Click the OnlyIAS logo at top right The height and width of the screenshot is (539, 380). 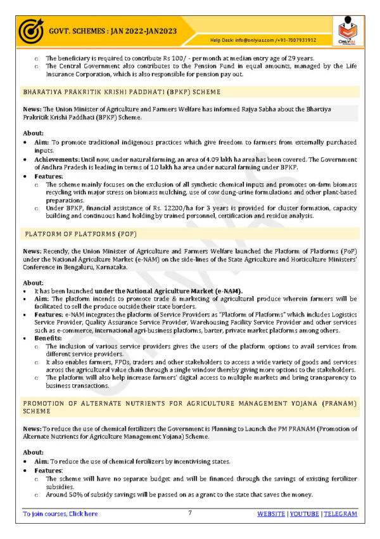(350, 31)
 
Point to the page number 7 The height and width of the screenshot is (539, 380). (190, 513)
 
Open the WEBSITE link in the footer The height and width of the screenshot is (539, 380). (270, 514)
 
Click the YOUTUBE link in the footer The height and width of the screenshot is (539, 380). (304, 514)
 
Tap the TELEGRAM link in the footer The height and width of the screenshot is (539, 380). (340, 514)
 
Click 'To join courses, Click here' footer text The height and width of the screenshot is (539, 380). (60, 514)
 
